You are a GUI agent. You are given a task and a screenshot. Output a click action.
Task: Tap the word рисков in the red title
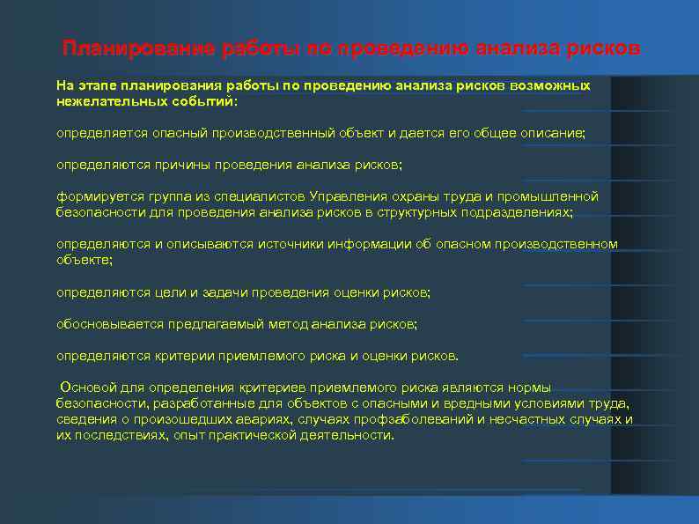605,48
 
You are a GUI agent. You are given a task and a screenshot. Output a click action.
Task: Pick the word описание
556,133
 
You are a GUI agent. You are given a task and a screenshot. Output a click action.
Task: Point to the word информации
364,244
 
